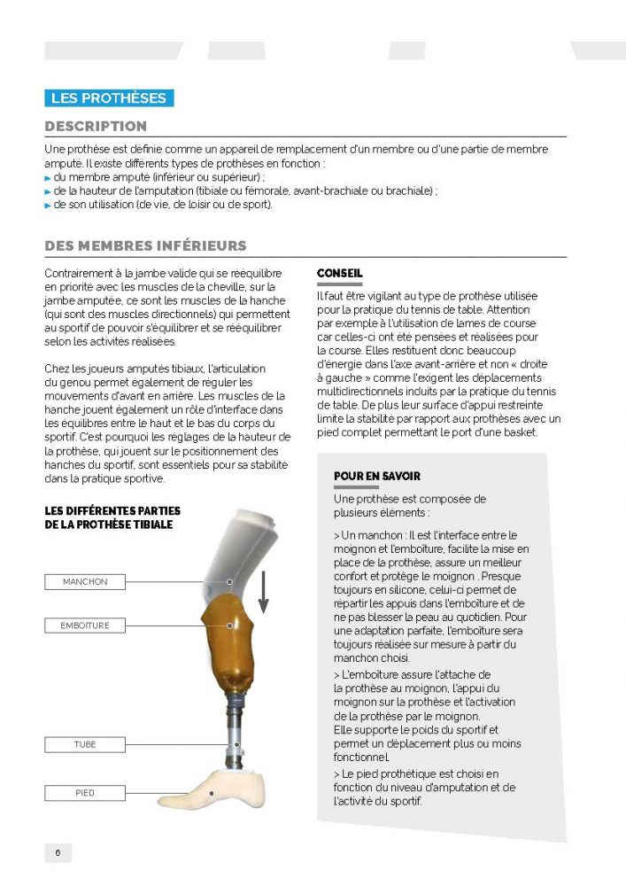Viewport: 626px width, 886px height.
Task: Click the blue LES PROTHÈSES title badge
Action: coord(109,98)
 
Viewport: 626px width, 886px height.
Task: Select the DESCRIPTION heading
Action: coord(96,127)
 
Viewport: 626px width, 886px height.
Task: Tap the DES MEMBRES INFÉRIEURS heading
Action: coord(145,245)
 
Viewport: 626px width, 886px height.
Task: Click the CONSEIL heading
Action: coord(340,274)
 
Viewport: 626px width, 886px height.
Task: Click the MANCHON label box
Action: coord(85,582)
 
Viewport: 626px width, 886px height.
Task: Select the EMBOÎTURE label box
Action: coord(85,626)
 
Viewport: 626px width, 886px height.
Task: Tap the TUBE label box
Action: coord(85,745)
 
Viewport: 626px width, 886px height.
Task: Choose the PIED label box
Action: coord(85,793)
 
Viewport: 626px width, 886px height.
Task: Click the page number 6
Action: coord(58,853)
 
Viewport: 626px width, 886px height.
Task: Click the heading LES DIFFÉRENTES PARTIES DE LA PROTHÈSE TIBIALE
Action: coord(112,518)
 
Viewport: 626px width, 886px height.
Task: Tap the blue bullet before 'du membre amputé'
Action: coord(48,178)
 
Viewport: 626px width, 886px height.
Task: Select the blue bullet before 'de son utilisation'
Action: coord(48,206)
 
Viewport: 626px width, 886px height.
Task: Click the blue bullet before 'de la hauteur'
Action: coord(48,191)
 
